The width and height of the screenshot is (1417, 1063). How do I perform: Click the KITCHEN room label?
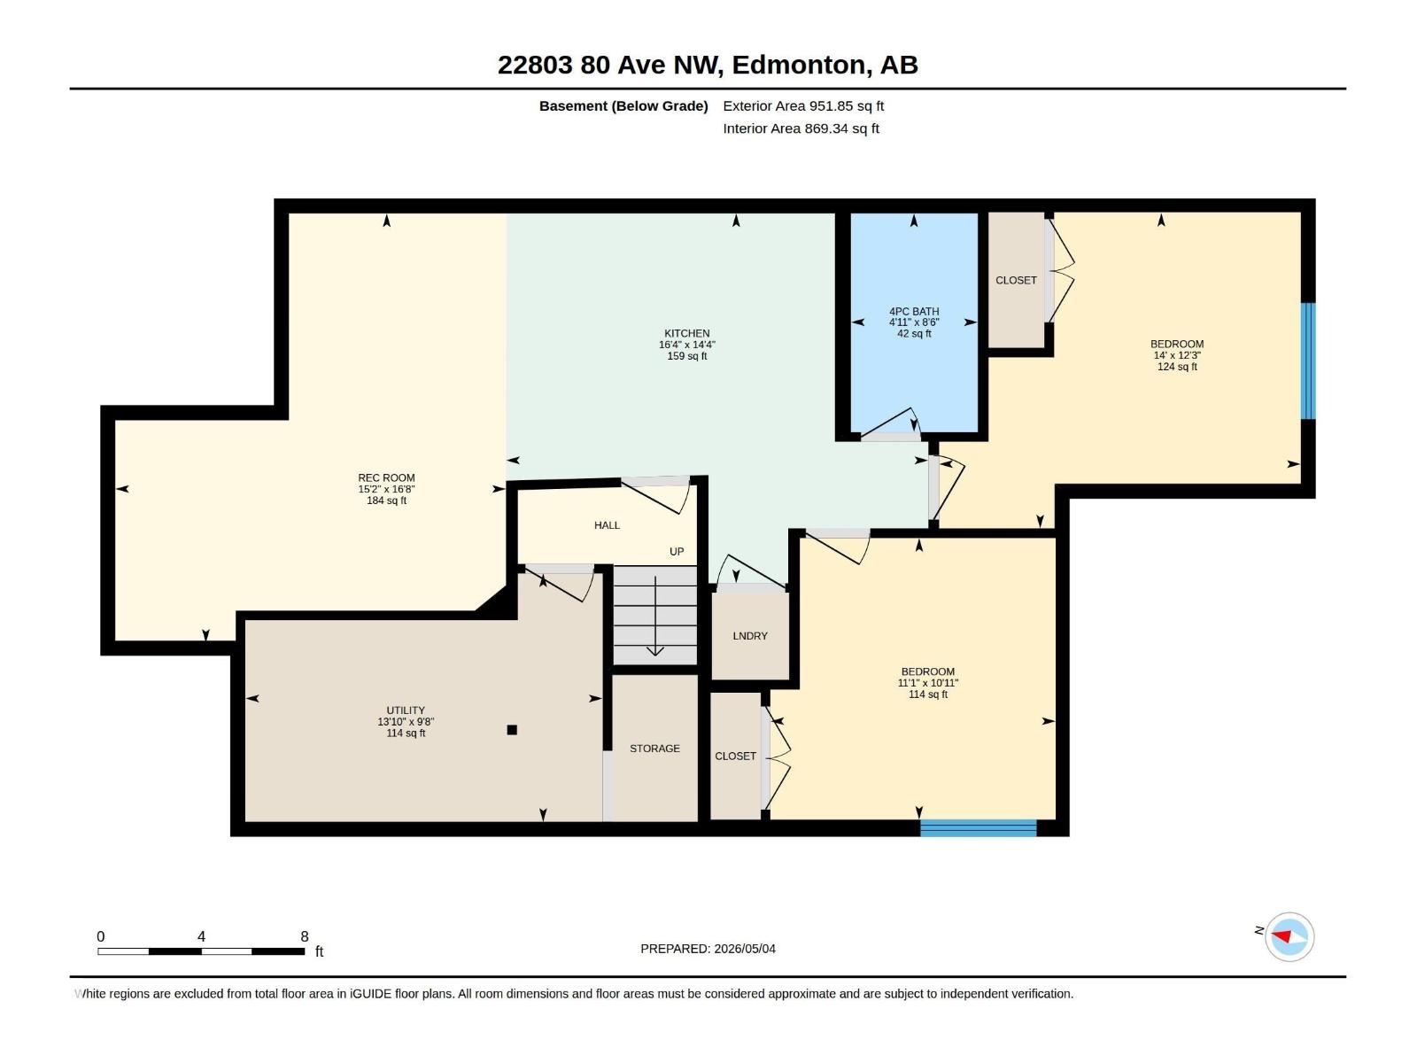[687, 333]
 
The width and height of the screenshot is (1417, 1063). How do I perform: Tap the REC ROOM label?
[387, 477]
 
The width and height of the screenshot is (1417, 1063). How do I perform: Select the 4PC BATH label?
[914, 311]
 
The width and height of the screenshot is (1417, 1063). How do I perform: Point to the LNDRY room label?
[750, 636]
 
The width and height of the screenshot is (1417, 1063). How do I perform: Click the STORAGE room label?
[654, 748]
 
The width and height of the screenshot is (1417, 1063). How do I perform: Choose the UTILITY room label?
[406, 710]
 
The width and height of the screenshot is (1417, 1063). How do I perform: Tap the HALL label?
[607, 525]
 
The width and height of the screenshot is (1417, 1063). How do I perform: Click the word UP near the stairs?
[677, 551]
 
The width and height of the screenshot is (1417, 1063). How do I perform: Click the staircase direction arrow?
[655, 616]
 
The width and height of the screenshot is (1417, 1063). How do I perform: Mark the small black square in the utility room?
[512, 730]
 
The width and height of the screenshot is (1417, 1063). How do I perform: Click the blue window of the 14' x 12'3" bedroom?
[1308, 361]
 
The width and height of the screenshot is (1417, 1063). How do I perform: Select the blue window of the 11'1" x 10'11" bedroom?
[978, 828]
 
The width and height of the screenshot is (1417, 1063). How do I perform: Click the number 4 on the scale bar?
[201, 935]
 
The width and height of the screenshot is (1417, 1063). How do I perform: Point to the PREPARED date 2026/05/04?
[745, 949]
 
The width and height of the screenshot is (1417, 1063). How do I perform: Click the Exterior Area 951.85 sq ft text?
[803, 105]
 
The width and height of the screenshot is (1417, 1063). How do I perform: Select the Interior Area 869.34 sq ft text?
[801, 128]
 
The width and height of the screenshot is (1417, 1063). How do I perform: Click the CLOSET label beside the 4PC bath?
[1016, 280]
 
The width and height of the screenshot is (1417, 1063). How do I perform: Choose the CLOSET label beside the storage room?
[735, 756]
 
